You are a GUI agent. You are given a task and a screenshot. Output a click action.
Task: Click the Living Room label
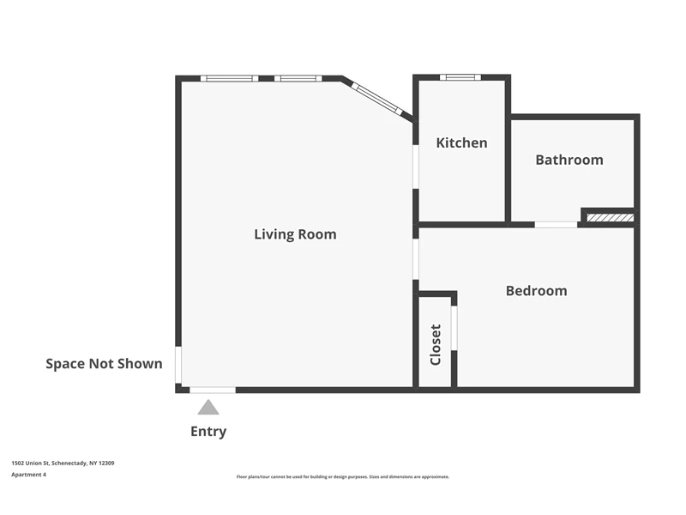point(295,234)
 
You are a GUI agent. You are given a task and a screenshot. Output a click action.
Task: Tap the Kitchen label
point(461,142)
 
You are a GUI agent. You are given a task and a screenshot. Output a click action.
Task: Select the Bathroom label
point(569,160)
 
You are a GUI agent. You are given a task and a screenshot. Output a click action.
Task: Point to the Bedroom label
point(537,291)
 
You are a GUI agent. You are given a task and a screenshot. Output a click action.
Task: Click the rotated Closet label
point(436,345)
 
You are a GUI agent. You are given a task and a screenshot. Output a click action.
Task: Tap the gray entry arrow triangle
point(208,407)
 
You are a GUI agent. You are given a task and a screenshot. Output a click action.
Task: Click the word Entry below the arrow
point(208,432)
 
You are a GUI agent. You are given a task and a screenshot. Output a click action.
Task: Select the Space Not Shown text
point(104,363)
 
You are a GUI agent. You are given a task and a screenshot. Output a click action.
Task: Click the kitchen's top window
point(460,77)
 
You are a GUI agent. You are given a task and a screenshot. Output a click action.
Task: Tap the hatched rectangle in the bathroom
point(610,218)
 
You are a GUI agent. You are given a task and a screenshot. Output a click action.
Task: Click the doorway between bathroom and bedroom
point(556,225)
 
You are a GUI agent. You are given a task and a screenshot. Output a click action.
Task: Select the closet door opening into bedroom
point(454,328)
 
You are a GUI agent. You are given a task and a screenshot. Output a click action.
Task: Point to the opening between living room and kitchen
point(416,167)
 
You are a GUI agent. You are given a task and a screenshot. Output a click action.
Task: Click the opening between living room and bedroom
point(416,259)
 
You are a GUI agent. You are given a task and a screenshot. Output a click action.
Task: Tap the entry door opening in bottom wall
point(213,390)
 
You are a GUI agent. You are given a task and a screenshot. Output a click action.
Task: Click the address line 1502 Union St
point(63,463)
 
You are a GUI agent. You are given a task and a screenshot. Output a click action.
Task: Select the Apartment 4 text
point(28,475)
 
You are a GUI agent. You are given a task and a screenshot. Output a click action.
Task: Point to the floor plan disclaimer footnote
point(342,477)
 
